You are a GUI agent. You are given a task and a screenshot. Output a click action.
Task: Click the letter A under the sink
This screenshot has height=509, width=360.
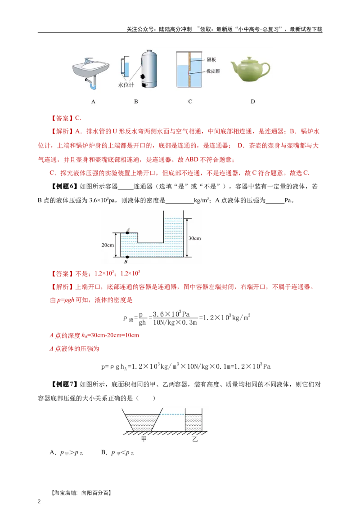pyautogui.click(x=93, y=102)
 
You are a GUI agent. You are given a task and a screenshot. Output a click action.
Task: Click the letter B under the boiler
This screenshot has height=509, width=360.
pyautogui.click(x=136, y=102)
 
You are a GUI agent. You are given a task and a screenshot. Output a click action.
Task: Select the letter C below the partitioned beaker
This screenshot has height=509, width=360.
pyautogui.click(x=190, y=102)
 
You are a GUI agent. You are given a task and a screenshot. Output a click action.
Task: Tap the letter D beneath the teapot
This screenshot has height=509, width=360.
pyautogui.click(x=252, y=102)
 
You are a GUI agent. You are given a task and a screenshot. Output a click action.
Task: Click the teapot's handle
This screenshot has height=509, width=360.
pyautogui.click(x=265, y=68)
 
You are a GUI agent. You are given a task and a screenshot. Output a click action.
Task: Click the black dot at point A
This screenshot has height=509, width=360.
pyautogui.click(x=128, y=232)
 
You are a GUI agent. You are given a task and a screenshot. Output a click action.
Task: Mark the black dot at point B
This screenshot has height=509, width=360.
pyautogui.click(x=128, y=257)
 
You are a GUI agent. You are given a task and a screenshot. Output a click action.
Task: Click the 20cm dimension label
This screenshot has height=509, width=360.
pyautogui.click(x=108, y=245)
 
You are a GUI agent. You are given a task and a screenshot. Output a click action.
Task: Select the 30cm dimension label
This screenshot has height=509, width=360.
pyautogui.click(x=195, y=238)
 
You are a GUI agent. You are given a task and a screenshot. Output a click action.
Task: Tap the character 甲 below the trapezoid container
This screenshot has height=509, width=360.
pyautogui.click(x=144, y=439)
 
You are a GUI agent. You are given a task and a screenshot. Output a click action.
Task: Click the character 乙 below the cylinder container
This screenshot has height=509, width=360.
pyautogui.click(x=195, y=439)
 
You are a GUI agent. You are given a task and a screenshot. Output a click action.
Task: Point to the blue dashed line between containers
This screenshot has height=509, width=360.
pyautogui.click(x=173, y=414)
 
